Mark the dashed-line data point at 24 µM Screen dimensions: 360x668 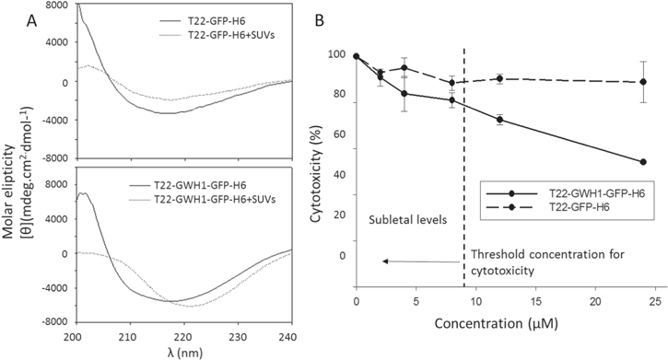point(642,82)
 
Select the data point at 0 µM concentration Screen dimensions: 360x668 point(357,56)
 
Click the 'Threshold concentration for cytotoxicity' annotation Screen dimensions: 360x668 point(526,262)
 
